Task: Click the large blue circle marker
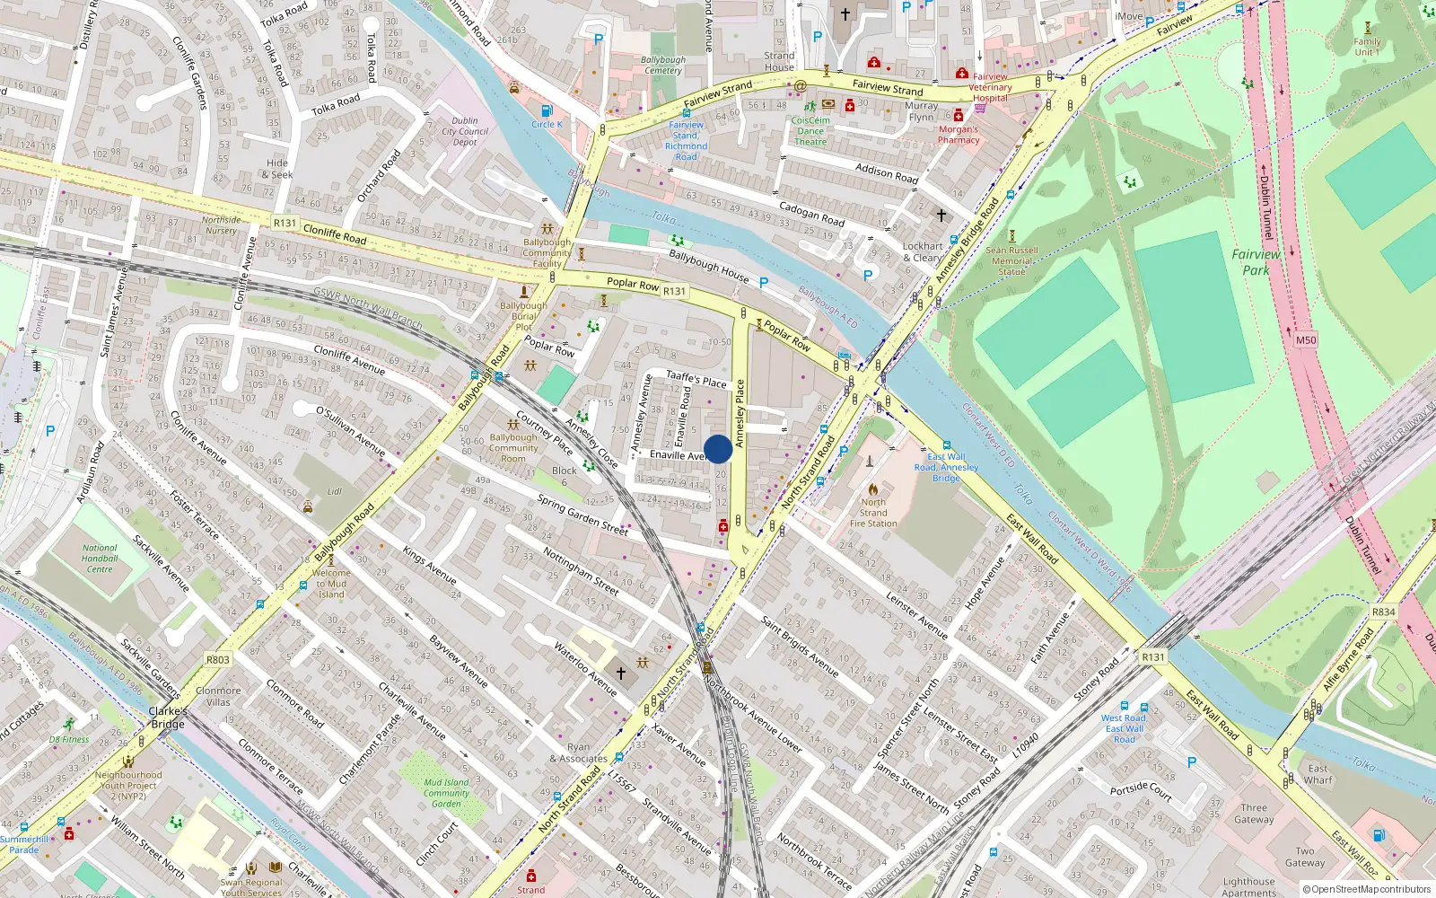pyautogui.click(x=717, y=449)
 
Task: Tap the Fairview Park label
pyautogui.click(x=1256, y=261)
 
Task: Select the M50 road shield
pyautogui.click(x=1305, y=340)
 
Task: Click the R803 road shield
pyautogui.click(x=217, y=659)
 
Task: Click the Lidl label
pyautogui.click(x=335, y=491)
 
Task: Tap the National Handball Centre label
pyautogui.click(x=100, y=558)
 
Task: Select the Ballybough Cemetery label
pyautogui.click(x=662, y=65)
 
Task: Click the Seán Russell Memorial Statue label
pyautogui.click(x=1011, y=260)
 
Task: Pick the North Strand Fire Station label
pyautogui.click(x=872, y=513)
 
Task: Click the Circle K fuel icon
pyautogui.click(x=542, y=110)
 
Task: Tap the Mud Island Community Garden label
pyautogui.click(x=446, y=792)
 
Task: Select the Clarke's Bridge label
pyautogui.click(x=168, y=717)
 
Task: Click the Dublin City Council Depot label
pyautogui.click(x=465, y=131)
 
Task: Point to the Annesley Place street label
pyautogui.click(x=740, y=413)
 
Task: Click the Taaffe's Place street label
pyautogui.click(x=696, y=380)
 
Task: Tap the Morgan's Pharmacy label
pyautogui.click(x=959, y=134)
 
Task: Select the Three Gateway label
pyautogui.click(x=1254, y=813)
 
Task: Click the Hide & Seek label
pyautogui.click(x=279, y=169)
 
